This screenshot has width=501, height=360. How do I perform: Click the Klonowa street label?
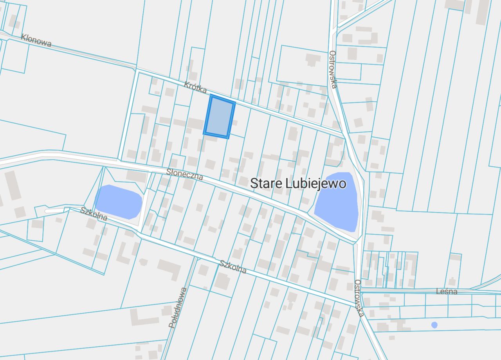tap(36, 40)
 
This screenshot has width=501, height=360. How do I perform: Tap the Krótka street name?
tap(196, 87)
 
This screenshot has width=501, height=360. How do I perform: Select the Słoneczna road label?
tap(185, 174)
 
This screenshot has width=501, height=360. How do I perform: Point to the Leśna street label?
tap(447, 292)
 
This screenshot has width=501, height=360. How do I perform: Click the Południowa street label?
tap(178, 308)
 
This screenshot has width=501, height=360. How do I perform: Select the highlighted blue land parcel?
tap(219, 117)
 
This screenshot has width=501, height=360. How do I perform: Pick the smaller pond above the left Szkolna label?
tap(119, 202)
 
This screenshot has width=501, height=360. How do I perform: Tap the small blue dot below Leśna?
tap(434, 325)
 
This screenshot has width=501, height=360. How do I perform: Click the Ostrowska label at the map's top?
tap(333, 69)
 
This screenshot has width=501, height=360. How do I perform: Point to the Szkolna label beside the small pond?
tap(94, 214)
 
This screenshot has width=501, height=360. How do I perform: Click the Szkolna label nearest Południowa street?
tap(233, 267)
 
